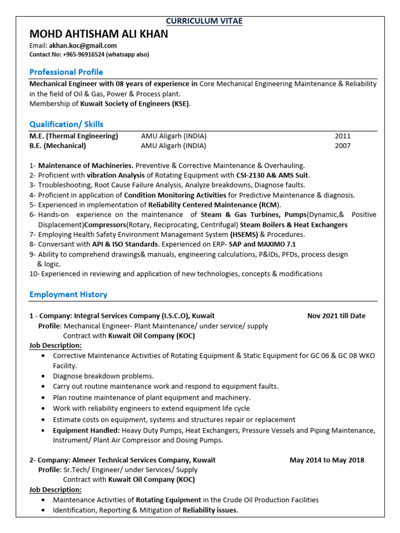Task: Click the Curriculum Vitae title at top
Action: (x=204, y=21)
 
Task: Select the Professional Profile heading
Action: (x=66, y=72)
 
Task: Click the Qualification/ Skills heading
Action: (x=66, y=124)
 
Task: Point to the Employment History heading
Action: (x=68, y=294)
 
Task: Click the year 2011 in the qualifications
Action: (x=343, y=136)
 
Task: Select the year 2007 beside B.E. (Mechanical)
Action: (x=343, y=146)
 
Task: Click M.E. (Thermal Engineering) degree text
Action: (x=74, y=136)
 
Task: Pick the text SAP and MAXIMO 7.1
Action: (x=262, y=244)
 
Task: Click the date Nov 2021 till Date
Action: (x=336, y=315)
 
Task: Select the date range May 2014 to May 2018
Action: (x=327, y=460)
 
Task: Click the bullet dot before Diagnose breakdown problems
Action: (x=42, y=376)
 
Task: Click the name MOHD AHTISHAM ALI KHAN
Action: (x=99, y=34)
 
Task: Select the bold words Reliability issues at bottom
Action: (x=209, y=510)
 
